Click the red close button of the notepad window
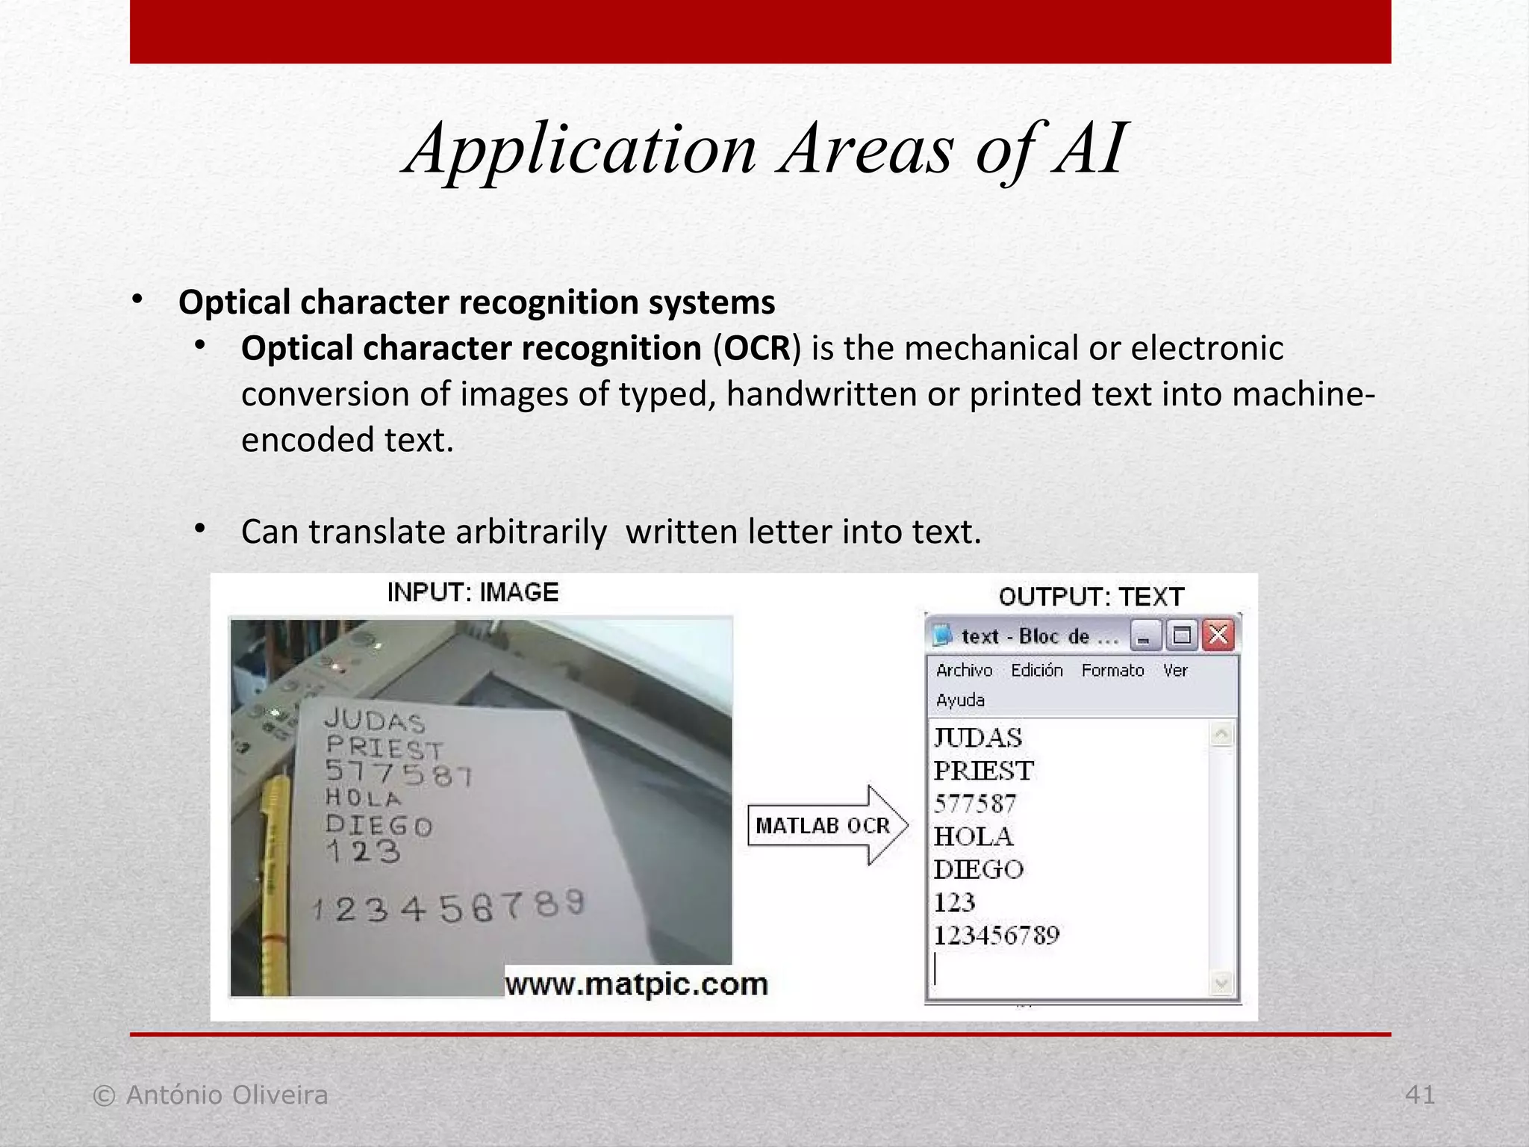pyautogui.click(x=1218, y=635)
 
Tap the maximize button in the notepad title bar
pyautogui.click(x=1182, y=635)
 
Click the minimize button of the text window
pyautogui.click(x=1145, y=636)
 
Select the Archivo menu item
pyautogui.click(x=964, y=671)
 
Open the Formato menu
pyautogui.click(x=1112, y=671)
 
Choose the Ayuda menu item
pyautogui.click(x=960, y=700)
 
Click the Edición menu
pyautogui.click(x=1036, y=671)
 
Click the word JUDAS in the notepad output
pyautogui.click(x=978, y=738)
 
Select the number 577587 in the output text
pyautogui.click(x=975, y=803)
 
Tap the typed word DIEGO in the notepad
pyautogui.click(x=979, y=869)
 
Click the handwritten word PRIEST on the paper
pyautogui.click(x=384, y=747)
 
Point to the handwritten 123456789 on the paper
pyautogui.click(x=448, y=907)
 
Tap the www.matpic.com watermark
pyautogui.click(x=636, y=984)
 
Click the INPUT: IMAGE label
pyautogui.click(x=473, y=592)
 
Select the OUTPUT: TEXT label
pyautogui.click(x=1091, y=597)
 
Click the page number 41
pyautogui.click(x=1419, y=1095)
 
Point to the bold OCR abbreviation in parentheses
pyautogui.click(x=756, y=348)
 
